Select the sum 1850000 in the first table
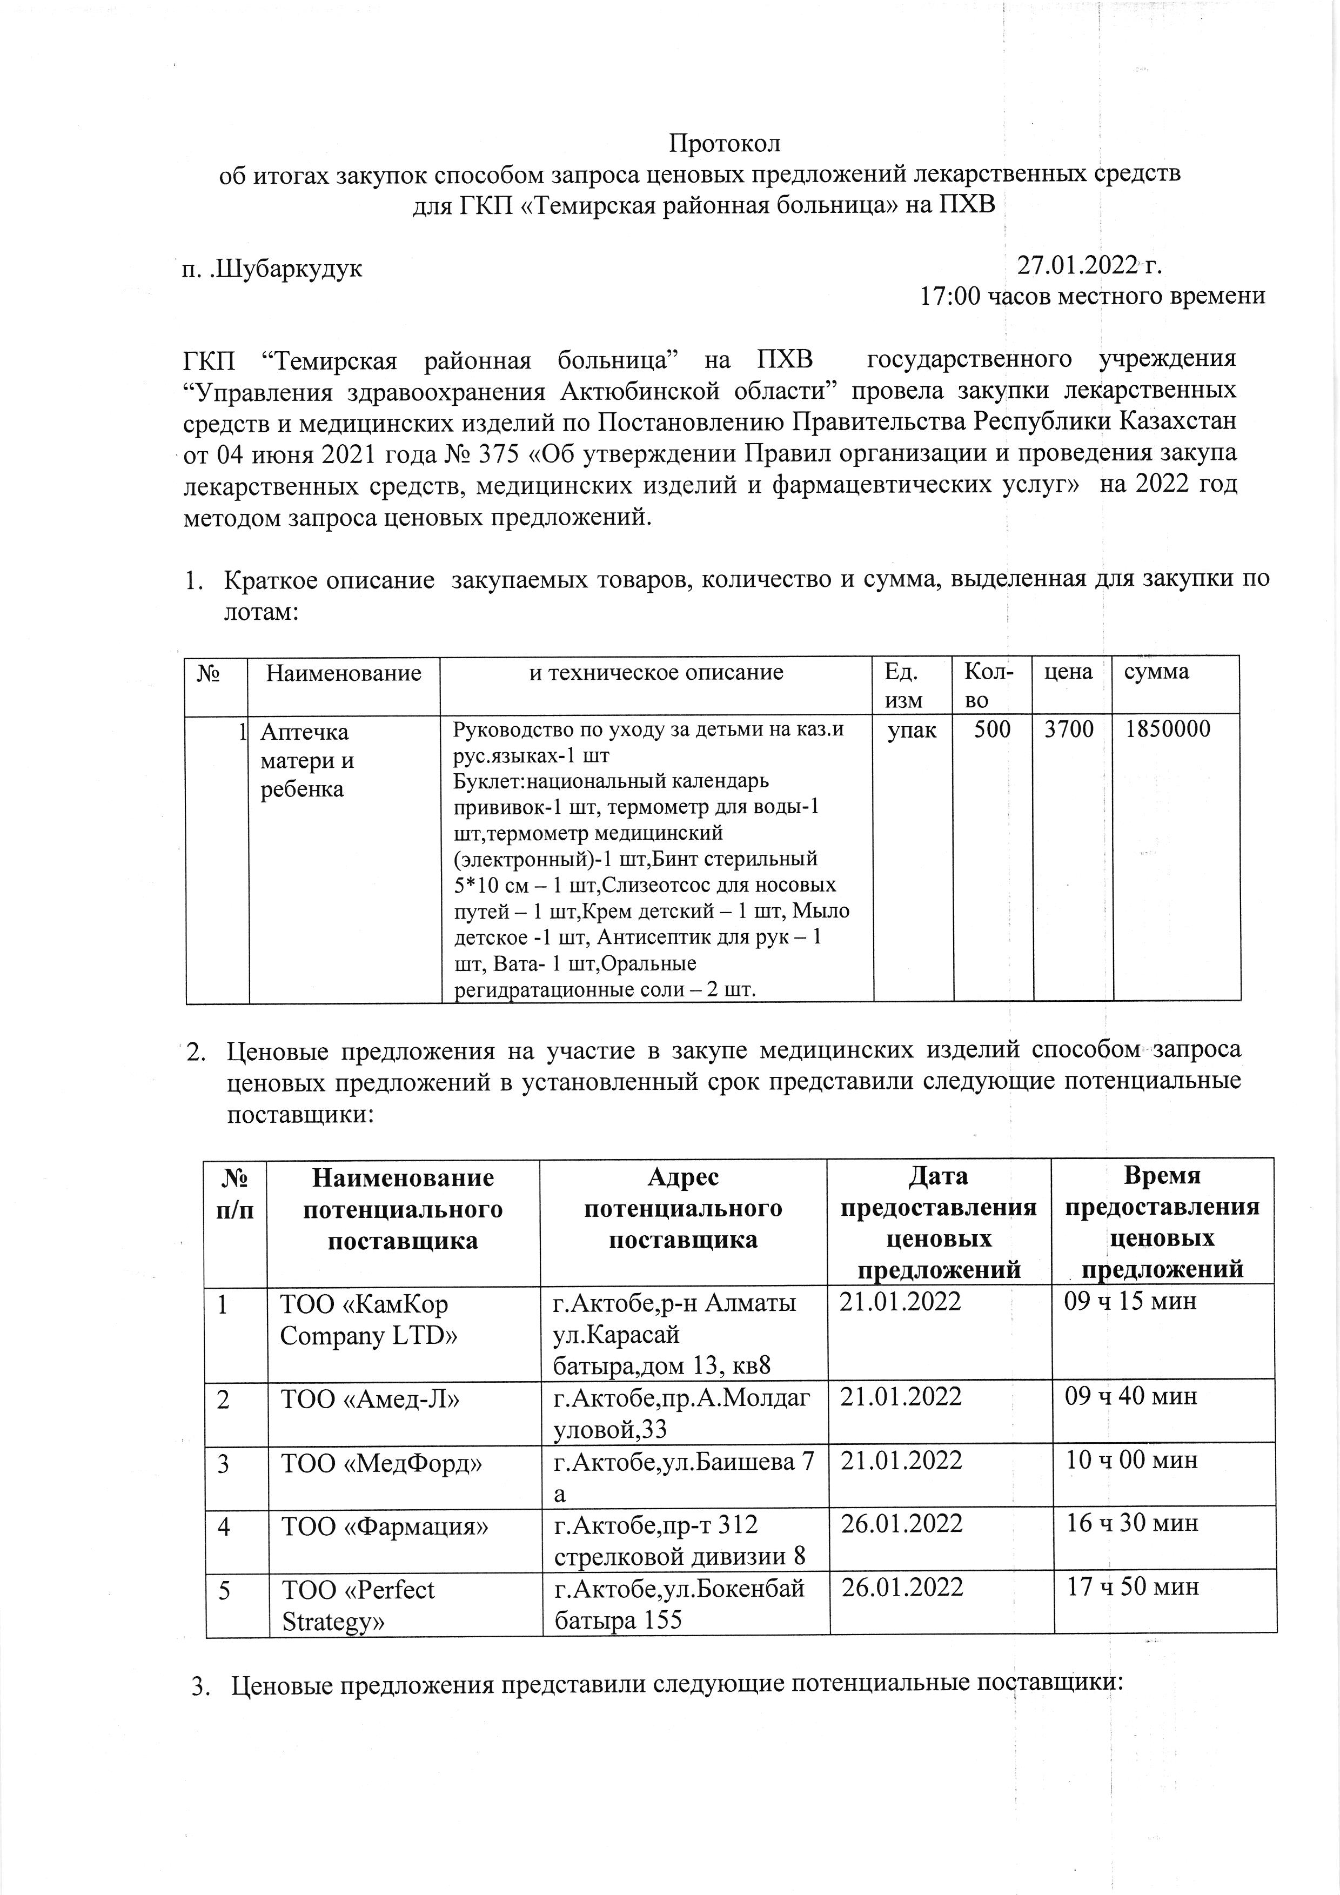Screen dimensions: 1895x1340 click(1163, 729)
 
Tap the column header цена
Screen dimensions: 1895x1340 click(1069, 672)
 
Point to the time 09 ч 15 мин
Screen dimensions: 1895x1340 click(1130, 1302)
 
